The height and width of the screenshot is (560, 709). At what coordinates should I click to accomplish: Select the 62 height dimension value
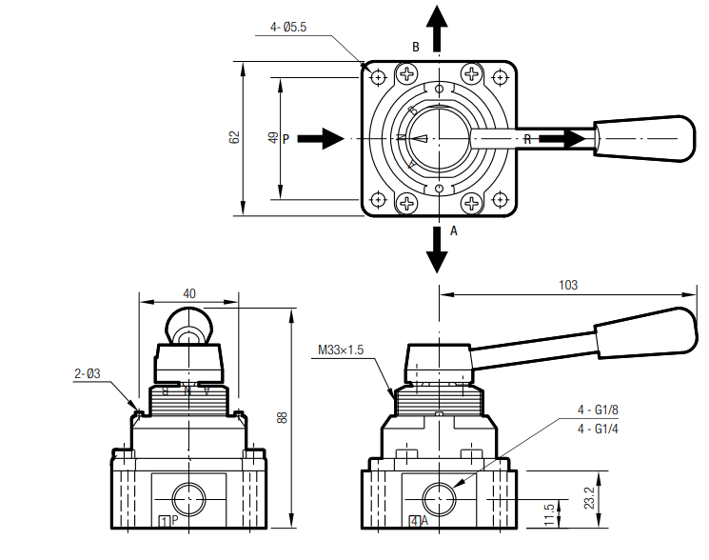point(234,137)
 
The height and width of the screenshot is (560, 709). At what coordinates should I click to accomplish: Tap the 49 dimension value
point(273,138)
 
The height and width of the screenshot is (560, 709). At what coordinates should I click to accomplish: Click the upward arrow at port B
point(437,28)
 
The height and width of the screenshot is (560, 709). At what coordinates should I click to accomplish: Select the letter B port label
point(415,47)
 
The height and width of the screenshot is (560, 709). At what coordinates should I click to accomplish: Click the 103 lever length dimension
point(568,285)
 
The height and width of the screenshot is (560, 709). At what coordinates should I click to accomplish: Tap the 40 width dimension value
point(189,294)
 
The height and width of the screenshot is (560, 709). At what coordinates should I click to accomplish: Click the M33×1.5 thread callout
point(341,350)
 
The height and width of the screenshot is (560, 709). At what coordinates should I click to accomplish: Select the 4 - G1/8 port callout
point(598,410)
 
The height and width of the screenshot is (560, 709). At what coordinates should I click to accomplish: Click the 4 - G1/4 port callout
point(598,429)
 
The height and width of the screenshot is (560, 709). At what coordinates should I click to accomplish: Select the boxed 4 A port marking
point(419,521)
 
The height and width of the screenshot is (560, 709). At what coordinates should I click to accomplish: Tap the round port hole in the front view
point(188,497)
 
